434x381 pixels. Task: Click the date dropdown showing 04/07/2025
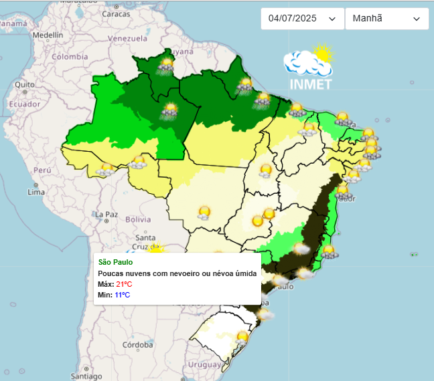[x=302, y=19]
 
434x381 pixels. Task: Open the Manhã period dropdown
[x=386, y=19]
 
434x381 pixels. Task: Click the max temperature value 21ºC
[x=123, y=285]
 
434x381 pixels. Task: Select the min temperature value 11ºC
[x=122, y=295]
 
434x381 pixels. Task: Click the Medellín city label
[x=48, y=34]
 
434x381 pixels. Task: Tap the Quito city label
[x=25, y=85]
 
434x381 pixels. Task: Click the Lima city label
[x=35, y=192]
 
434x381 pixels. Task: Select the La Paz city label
[x=106, y=215]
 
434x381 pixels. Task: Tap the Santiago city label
[x=87, y=376]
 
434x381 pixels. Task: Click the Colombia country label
[x=70, y=57]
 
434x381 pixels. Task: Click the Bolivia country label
[x=139, y=219]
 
